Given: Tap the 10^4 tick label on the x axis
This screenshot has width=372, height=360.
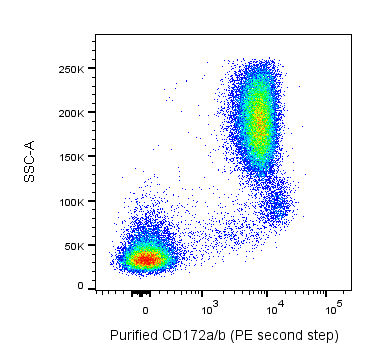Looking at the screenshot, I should click(272, 304).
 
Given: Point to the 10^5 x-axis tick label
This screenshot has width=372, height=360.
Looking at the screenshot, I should click(336, 304).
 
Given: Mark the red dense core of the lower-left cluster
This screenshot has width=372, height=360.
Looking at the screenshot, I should click(146, 259).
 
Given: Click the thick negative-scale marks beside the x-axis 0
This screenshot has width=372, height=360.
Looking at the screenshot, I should click(140, 293).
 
